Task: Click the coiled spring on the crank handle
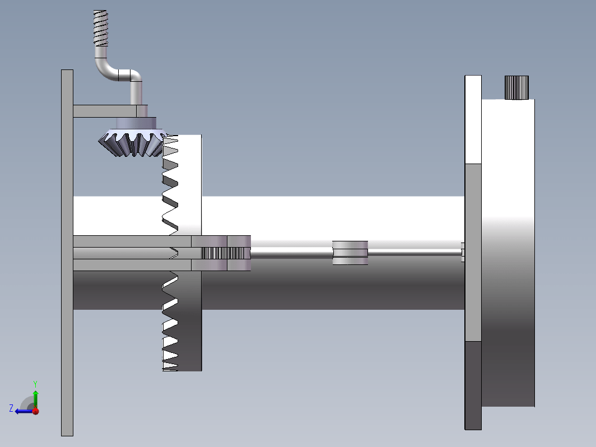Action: (101, 28)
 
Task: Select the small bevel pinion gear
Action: (133, 143)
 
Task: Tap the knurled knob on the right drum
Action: (516, 87)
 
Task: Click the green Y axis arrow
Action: (35, 399)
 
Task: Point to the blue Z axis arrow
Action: (24, 411)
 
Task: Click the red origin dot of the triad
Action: (36, 411)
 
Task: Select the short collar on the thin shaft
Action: (350, 253)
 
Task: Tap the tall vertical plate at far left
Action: (67, 253)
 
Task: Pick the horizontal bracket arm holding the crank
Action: (105, 111)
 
